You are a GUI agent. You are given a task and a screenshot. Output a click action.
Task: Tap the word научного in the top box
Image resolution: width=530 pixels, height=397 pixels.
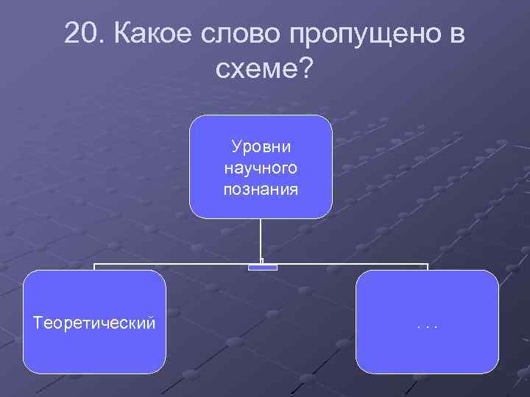tap(261, 168)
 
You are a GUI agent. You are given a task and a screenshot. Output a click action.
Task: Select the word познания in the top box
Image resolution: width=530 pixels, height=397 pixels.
tap(261, 189)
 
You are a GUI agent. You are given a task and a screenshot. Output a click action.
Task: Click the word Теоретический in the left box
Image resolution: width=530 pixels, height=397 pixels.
tap(94, 322)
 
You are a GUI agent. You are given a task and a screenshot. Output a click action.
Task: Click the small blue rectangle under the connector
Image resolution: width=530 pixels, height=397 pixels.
tap(262, 267)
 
